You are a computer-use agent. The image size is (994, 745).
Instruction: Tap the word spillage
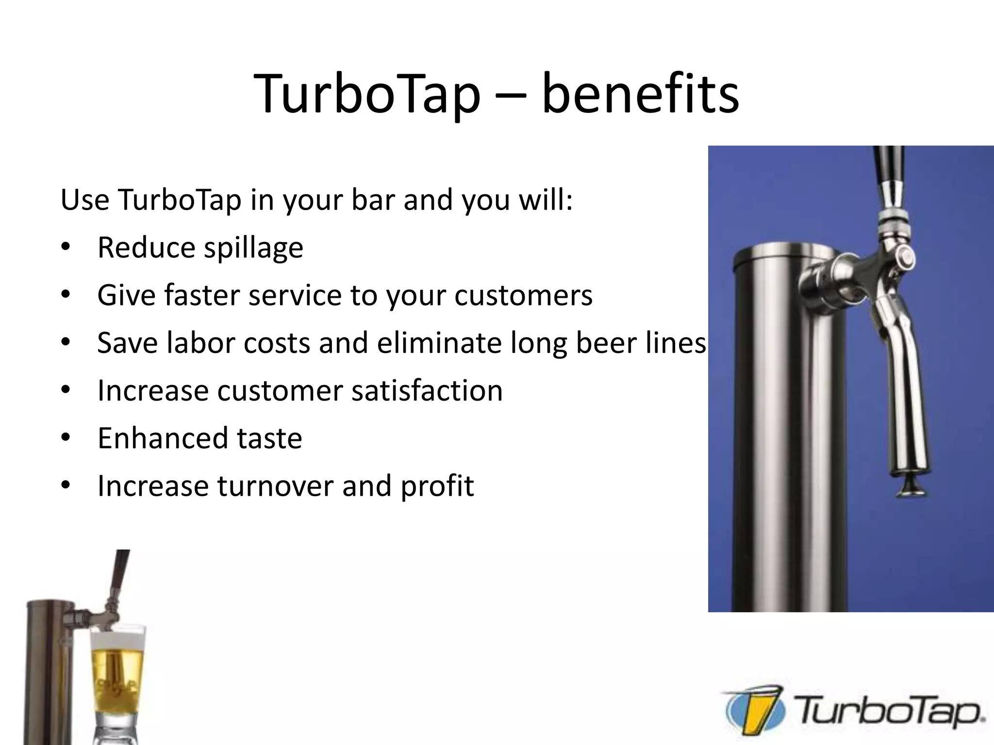[253, 248]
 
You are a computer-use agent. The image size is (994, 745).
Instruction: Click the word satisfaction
[427, 390]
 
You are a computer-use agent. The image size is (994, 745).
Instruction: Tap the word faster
[202, 295]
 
